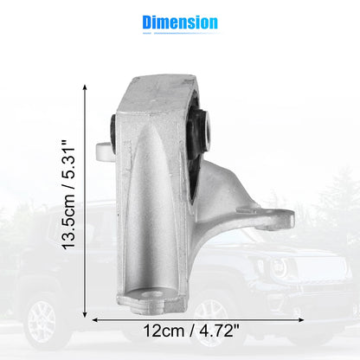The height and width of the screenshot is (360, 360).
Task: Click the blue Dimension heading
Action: click(x=180, y=22)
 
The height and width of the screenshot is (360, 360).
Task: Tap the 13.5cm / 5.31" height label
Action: click(x=68, y=195)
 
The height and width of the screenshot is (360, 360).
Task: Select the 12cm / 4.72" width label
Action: click(x=191, y=331)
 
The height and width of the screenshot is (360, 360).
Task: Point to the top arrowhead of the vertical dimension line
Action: click(x=85, y=87)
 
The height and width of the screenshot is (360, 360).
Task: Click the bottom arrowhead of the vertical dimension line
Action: click(x=85, y=314)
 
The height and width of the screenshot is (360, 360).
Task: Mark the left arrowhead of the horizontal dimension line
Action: click(x=95, y=319)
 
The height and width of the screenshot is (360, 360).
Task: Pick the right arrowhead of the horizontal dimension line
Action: click(x=300, y=319)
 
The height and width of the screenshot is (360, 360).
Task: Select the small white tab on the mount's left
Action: click(x=103, y=151)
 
